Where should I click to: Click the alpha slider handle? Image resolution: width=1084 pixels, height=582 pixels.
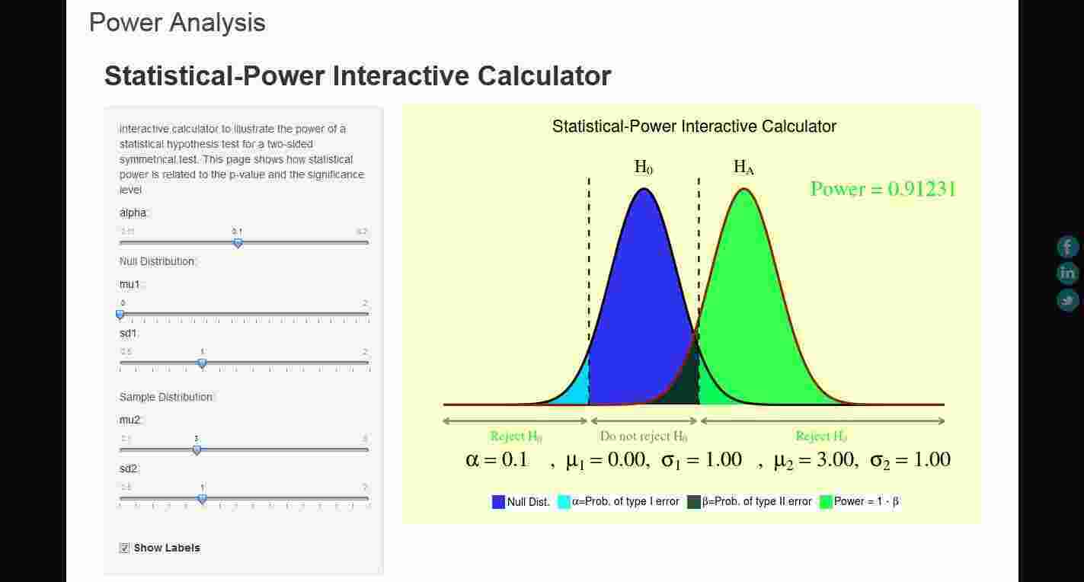coord(238,243)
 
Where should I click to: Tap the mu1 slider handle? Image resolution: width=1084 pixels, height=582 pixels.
coord(120,314)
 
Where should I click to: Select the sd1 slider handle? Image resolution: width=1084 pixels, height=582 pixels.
coord(202,363)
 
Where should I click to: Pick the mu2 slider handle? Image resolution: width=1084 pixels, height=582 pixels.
coord(197,450)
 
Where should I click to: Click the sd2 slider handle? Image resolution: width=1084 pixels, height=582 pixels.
coord(202,499)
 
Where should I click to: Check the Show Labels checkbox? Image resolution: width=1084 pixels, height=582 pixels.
coord(125,548)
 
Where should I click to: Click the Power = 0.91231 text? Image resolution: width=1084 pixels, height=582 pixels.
coord(882,189)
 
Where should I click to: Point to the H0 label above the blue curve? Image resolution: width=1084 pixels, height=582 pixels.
coord(644,168)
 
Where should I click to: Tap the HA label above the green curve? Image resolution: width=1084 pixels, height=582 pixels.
coord(743,168)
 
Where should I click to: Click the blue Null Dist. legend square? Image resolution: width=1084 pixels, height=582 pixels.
coord(499,502)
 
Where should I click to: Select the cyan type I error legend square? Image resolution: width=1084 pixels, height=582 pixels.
coord(564,502)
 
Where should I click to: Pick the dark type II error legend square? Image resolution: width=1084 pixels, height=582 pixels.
coord(694,502)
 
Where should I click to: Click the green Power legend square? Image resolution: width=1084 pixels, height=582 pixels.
coord(826,502)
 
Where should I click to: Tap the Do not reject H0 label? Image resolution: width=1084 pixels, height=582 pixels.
coord(644,437)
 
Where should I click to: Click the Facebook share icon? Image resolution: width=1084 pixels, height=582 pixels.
coord(1068,247)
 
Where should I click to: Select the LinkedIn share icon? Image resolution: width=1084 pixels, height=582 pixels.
coord(1068,273)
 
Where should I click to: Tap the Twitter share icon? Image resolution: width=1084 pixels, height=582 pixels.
coord(1068,299)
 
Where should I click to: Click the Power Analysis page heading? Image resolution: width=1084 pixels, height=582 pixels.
coord(177,23)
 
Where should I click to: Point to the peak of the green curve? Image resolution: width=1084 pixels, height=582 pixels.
coord(743,189)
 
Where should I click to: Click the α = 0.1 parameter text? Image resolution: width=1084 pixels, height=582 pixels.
coord(497,459)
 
